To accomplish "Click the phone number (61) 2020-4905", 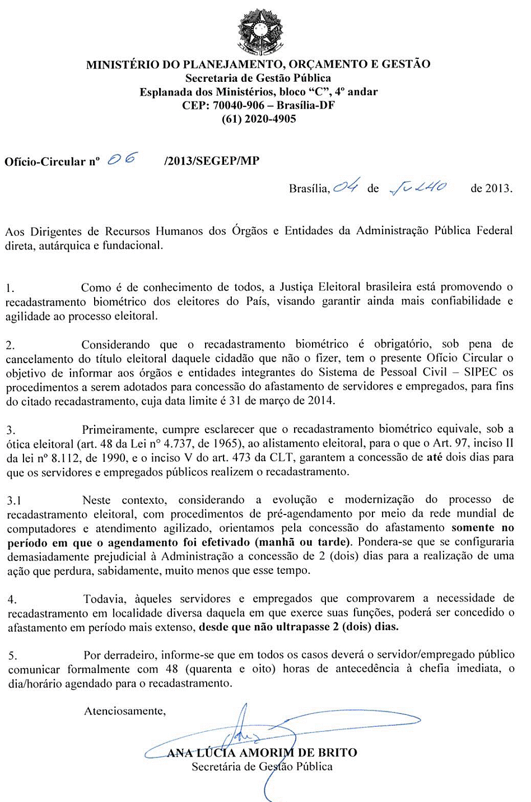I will tap(259, 119).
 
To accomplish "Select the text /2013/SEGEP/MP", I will tap(212, 161).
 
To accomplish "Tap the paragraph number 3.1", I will tap(14, 500).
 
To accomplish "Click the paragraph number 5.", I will tap(12, 656).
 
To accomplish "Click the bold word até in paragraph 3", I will tap(434, 457).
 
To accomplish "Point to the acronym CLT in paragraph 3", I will tap(282, 457).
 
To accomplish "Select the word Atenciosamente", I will tap(125, 711).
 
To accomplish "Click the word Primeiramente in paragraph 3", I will tap(119, 429).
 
